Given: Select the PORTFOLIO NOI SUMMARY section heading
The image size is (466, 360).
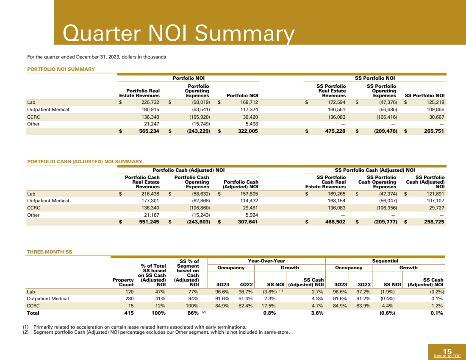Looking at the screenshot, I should (60, 69).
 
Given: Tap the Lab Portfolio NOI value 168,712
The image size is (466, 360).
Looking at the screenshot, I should (248, 102).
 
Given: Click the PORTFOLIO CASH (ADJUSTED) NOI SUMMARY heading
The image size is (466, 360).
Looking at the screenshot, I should (84, 161).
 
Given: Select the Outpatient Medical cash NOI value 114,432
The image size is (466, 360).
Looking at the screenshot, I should (248, 201).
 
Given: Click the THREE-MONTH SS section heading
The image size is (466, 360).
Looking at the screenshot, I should (49, 252).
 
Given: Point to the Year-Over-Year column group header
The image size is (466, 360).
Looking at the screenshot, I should (266, 261).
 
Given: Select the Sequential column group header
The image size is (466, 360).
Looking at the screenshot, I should (385, 261).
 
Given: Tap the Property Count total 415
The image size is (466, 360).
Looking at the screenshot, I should (128, 313).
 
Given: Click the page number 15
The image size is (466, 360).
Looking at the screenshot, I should (447, 351).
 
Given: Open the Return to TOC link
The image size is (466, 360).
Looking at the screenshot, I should (447, 356).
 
